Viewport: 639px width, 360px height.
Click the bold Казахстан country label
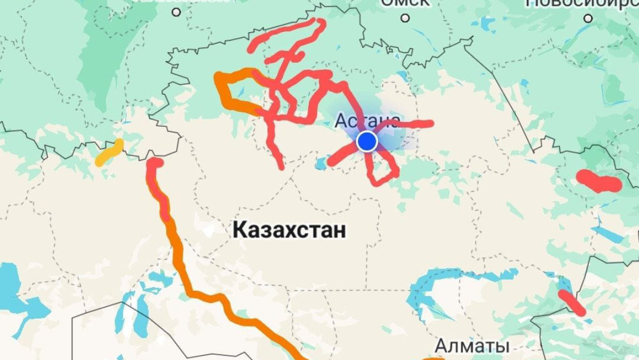[x=289, y=230]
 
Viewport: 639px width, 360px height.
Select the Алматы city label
[x=472, y=346]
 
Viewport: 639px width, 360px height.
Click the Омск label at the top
[x=405, y=3]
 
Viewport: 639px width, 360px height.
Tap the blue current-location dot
[x=367, y=142]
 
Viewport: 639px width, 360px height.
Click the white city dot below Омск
[x=405, y=18]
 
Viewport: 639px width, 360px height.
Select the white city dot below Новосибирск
[x=588, y=18]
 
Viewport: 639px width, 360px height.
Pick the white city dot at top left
[x=176, y=12]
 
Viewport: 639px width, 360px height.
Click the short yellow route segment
[x=109, y=152]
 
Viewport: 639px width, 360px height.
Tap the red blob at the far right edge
[x=599, y=182]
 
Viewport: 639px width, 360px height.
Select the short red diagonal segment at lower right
[x=571, y=302]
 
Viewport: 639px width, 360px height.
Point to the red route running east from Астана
[x=410, y=125]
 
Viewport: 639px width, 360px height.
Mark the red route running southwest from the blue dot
[x=341, y=156]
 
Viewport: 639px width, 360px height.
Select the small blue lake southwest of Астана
[x=321, y=163]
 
